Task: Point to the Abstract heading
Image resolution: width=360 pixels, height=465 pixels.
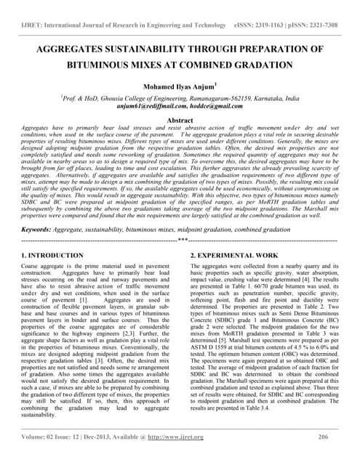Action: (x=180, y=120)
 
